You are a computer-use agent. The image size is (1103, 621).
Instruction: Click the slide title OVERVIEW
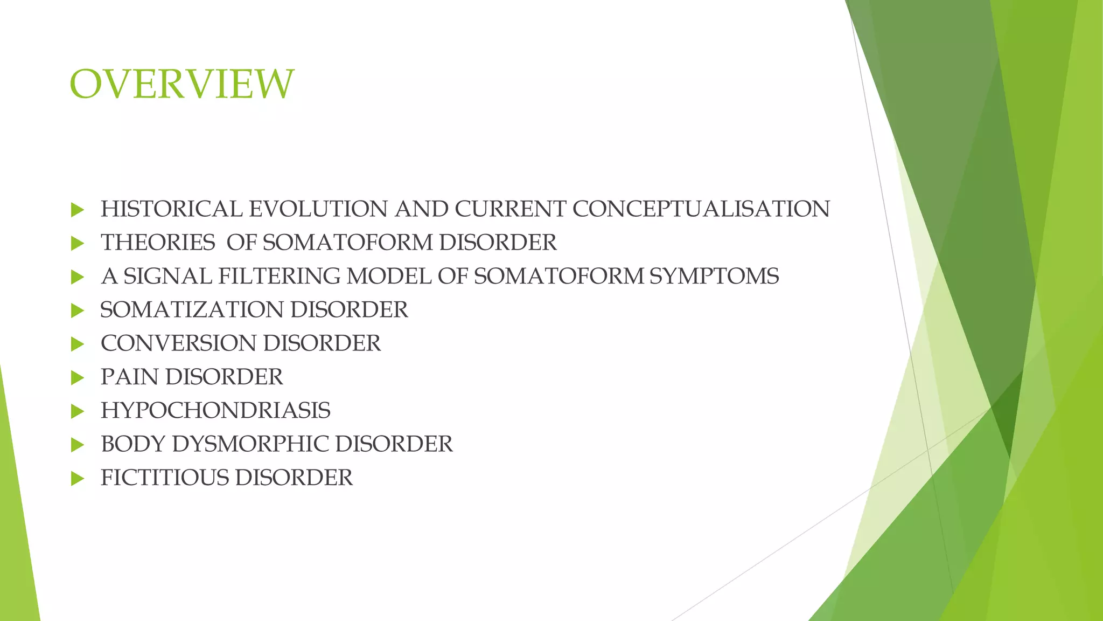(181, 85)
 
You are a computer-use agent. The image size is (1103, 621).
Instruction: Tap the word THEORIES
(158, 243)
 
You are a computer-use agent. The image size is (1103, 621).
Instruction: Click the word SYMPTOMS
(714, 277)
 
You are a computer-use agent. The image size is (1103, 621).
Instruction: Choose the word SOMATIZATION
(192, 310)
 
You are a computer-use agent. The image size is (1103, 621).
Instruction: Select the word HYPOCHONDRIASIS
(215, 411)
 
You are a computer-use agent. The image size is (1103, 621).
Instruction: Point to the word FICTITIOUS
(164, 478)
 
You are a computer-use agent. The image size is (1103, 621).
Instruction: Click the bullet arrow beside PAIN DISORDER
(77, 377)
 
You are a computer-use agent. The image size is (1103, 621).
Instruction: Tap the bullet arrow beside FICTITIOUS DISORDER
(77, 478)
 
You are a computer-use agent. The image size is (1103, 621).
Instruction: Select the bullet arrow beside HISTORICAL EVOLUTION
(77, 210)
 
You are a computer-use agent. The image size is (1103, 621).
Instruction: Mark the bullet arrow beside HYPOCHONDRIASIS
(77, 411)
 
